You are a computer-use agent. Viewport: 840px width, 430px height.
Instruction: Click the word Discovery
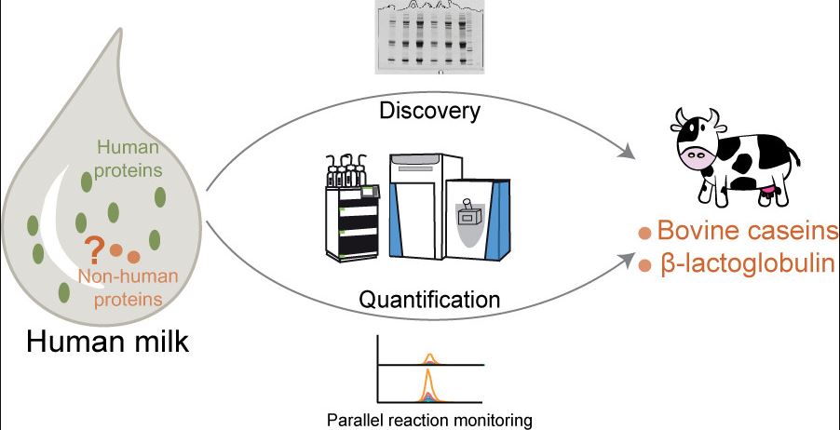coord(429,113)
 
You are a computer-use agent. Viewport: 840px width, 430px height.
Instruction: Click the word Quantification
coord(429,301)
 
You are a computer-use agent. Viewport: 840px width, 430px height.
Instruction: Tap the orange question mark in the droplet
coord(93,249)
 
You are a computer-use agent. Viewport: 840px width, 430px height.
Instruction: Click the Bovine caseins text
coord(747,231)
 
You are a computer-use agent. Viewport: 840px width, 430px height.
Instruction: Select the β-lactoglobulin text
coord(747,264)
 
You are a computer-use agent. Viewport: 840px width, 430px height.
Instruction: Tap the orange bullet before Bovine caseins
coord(643,233)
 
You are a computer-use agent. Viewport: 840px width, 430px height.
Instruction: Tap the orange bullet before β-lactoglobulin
coord(643,266)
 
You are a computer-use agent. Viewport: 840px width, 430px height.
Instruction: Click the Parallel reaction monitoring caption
coord(429,420)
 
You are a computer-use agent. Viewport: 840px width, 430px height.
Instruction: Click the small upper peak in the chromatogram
coord(429,357)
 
